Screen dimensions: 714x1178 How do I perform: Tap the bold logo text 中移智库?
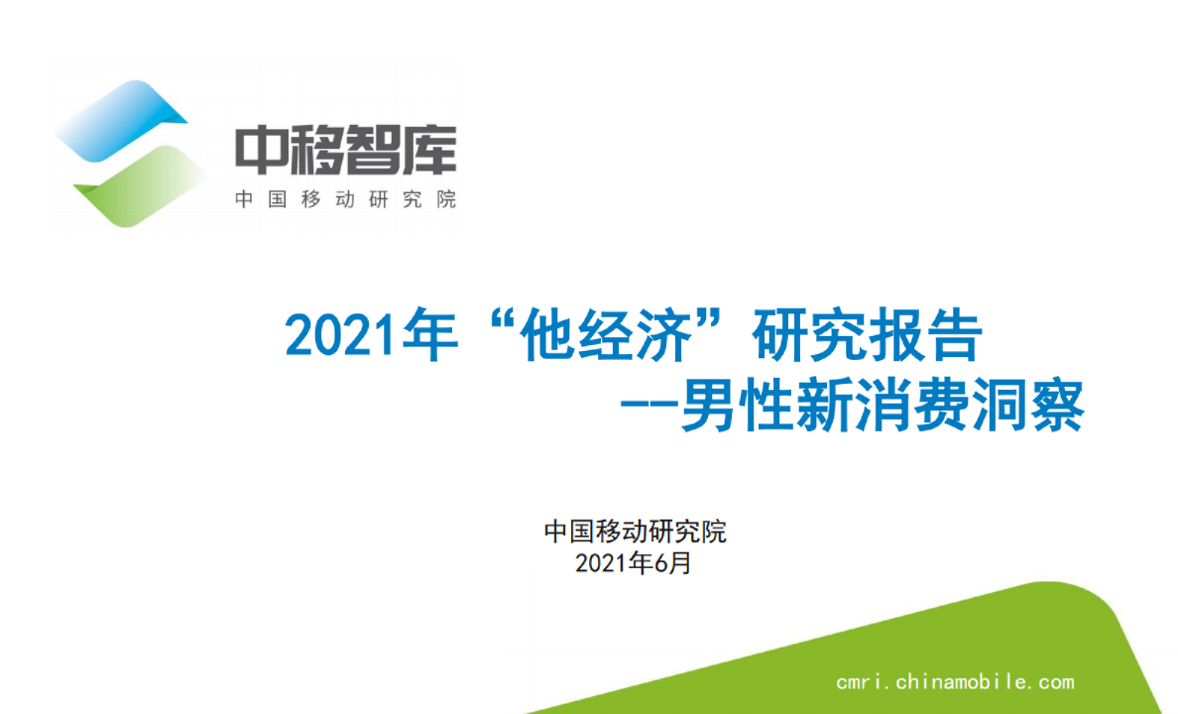(x=345, y=151)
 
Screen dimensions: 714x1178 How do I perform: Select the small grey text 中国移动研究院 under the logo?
(x=345, y=199)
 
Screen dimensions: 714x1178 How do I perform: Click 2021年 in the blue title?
(x=369, y=338)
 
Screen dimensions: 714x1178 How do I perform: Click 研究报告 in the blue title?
(x=868, y=338)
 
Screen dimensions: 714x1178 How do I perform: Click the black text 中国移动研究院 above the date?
(x=635, y=532)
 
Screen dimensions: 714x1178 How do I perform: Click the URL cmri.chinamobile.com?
(x=955, y=682)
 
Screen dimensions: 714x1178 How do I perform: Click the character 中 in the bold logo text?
(x=261, y=151)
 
